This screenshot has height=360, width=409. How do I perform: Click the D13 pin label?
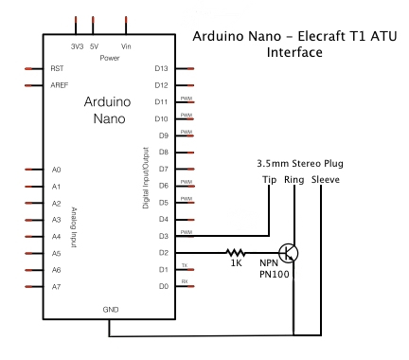(161, 69)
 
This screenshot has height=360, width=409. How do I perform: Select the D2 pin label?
(163, 252)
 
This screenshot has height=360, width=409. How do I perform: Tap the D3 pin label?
(163, 235)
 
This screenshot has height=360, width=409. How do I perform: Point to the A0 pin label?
(57, 170)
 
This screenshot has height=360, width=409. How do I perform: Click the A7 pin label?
(57, 286)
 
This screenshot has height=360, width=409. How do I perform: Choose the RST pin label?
(58, 69)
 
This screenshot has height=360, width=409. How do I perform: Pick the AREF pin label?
(60, 85)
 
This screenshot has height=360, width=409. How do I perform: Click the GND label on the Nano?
(111, 309)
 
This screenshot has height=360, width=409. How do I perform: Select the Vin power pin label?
(127, 45)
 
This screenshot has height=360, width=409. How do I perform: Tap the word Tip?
(270, 178)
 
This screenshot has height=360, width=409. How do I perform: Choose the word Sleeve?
(326, 178)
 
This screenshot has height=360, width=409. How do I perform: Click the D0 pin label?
(163, 285)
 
